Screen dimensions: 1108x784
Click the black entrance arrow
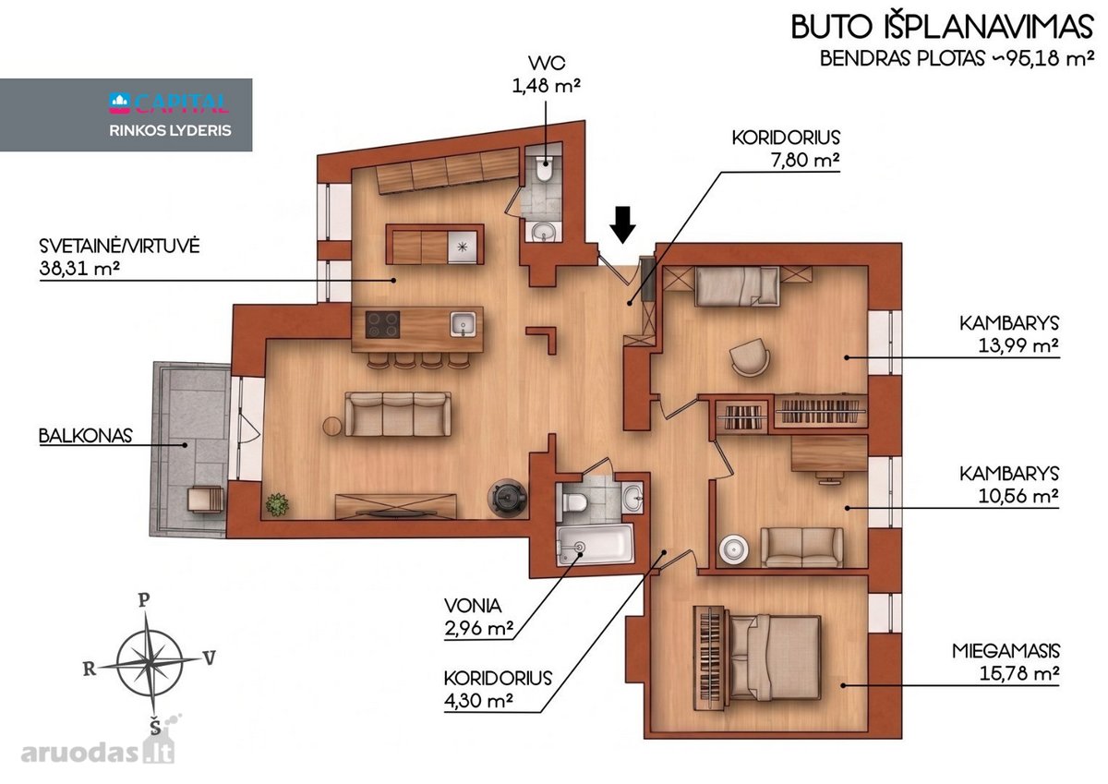(x=622, y=225)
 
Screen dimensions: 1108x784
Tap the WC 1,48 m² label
(x=546, y=75)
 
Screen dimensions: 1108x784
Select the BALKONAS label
(x=86, y=436)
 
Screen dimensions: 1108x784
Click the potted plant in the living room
(x=277, y=504)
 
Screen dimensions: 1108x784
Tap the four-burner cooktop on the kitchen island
(x=382, y=324)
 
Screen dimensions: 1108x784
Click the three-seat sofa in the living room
(x=398, y=414)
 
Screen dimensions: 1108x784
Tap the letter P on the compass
(x=143, y=600)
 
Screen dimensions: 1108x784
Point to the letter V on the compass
(x=210, y=658)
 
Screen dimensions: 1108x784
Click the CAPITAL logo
(x=169, y=103)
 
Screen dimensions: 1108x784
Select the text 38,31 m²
(x=79, y=269)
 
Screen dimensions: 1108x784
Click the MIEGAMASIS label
(x=1006, y=651)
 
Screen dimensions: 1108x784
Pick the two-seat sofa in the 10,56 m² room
(x=801, y=547)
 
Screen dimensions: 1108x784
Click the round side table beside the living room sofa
(x=333, y=427)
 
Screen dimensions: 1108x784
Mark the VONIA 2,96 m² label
(x=478, y=617)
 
